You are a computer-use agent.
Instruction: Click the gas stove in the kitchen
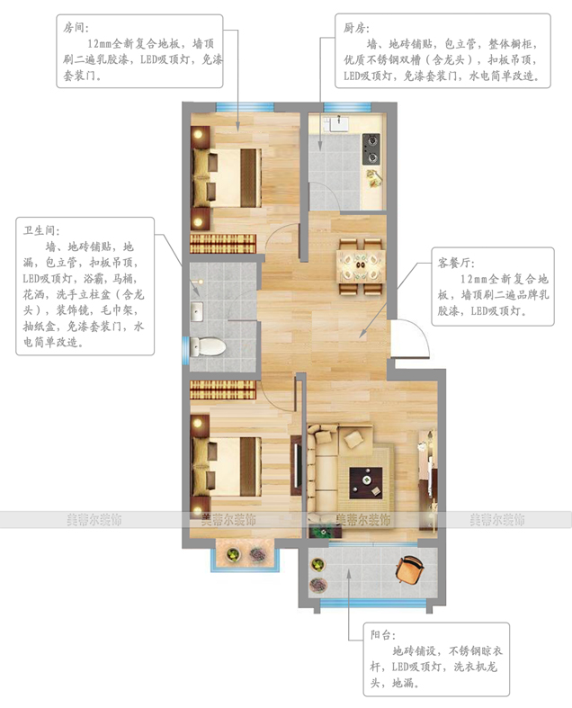(x=371, y=142)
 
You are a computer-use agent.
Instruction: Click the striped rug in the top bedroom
(x=223, y=242)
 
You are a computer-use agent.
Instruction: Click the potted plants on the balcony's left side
(x=317, y=575)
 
